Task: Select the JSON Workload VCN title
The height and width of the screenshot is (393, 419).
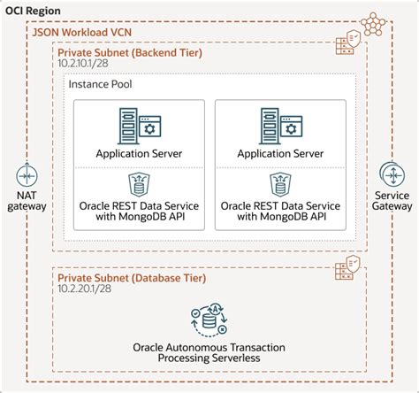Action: click(x=84, y=31)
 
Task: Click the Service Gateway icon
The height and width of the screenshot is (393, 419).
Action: click(x=392, y=173)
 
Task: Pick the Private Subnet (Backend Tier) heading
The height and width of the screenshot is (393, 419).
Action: click(x=129, y=53)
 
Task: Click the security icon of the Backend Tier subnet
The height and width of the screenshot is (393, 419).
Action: click(x=345, y=43)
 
